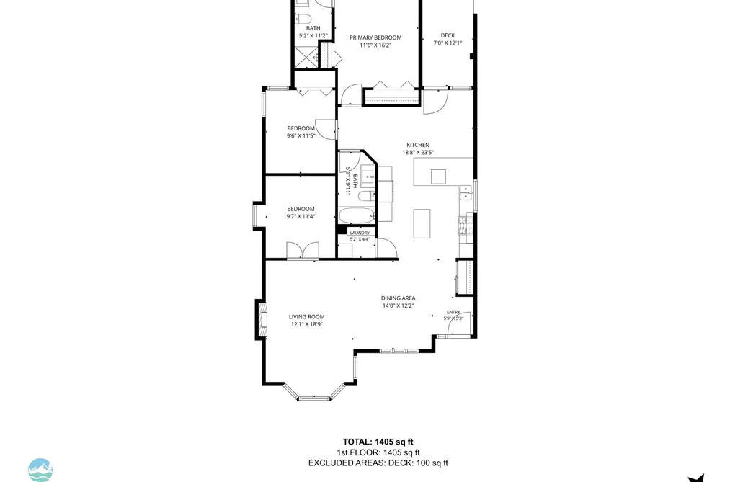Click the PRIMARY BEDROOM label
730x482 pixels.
(375, 37)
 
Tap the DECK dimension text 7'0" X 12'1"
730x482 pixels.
(448, 43)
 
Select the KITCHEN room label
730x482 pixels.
(418, 145)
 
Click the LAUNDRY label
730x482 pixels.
(360, 233)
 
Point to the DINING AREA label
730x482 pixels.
(398, 298)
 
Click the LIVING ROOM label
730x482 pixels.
(306, 317)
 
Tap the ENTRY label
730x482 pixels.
(453, 312)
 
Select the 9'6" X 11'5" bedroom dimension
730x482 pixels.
(301, 136)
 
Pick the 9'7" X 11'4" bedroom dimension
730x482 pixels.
(301, 216)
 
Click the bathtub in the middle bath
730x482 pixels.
(357, 216)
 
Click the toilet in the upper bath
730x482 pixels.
(303, 19)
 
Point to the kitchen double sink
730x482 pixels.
(465, 192)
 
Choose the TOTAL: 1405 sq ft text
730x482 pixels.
(378, 442)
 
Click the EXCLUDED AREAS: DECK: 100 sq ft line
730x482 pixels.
(378, 463)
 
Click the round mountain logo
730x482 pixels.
(40, 470)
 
